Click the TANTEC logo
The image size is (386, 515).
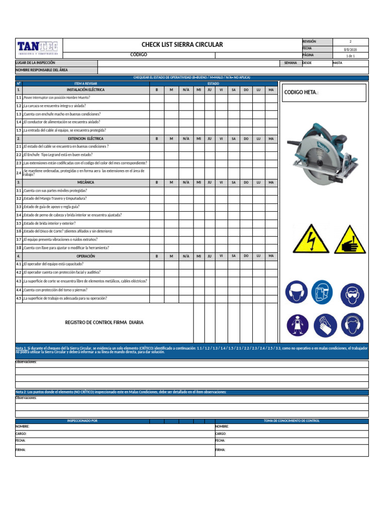pyautogui.click(x=38, y=47)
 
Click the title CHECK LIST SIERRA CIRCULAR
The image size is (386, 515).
pyautogui.click(x=182, y=45)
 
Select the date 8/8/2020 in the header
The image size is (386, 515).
pyautogui.click(x=350, y=49)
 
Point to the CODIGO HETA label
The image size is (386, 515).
pyautogui.click(x=302, y=93)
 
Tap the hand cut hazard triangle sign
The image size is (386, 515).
pyautogui.click(x=350, y=239)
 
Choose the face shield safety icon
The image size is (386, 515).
pyautogui.click(x=322, y=292)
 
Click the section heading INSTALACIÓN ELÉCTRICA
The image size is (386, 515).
pyautogui.click(x=85, y=90)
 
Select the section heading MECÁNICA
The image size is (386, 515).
pyautogui.click(x=85, y=182)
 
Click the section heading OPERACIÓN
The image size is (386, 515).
pyautogui.click(x=85, y=256)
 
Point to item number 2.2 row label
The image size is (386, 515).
pyautogui.click(x=19, y=155)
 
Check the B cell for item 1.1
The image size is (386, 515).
pyautogui.click(x=157, y=98)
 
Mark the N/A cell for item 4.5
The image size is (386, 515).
pyautogui.click(x=186, y=298)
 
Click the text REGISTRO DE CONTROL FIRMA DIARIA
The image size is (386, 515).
pyautogui.click(x=105, y=322)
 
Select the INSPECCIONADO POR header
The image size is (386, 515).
pyautogui.click(x=82, y=420)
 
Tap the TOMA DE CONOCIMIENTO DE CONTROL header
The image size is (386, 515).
pyautogui.click(x=292, y=420)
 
